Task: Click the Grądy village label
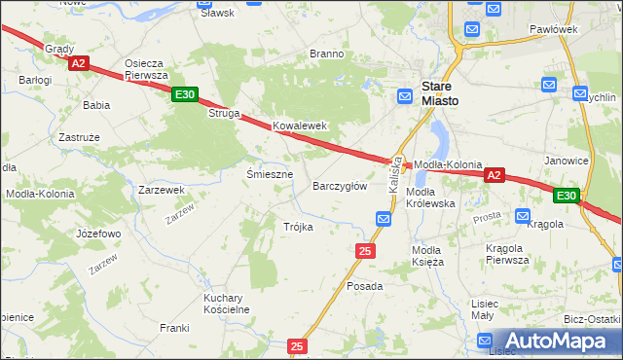pos(58,47)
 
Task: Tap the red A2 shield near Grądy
pos(79,63)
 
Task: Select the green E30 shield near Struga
pos(185,94)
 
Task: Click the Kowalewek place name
pos(299,126)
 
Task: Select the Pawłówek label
pos(555,30)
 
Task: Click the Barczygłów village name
pos(339,185)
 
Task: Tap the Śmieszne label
pos(270,174)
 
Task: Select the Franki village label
pos(174,328)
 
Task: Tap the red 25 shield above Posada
pos(365,251)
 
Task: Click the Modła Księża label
pos(427,256)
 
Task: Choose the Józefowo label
pos(98,234)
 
